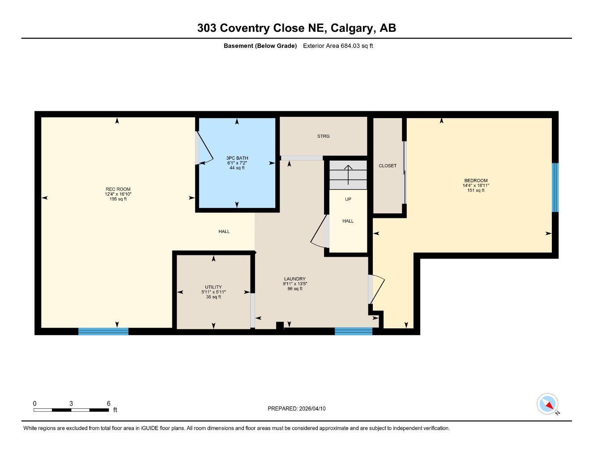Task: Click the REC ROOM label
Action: point(118,189)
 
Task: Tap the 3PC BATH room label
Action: point(237,158)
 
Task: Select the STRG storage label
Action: point(323,136)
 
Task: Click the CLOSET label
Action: point(388,165)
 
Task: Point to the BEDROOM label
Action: point(476,181)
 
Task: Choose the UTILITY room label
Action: point(213,287)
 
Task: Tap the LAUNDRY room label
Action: point(294,279)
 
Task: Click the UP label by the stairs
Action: point(348,199)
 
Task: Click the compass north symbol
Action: point(548,404)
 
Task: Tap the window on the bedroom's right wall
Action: point(555,187)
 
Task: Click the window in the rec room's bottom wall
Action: point(103,331)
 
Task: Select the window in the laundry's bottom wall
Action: point(354,331)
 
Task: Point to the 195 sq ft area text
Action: point(118,199)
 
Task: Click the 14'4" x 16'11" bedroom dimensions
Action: point(476,186)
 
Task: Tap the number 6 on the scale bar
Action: point(108,403)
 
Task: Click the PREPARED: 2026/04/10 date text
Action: point(297,408)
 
